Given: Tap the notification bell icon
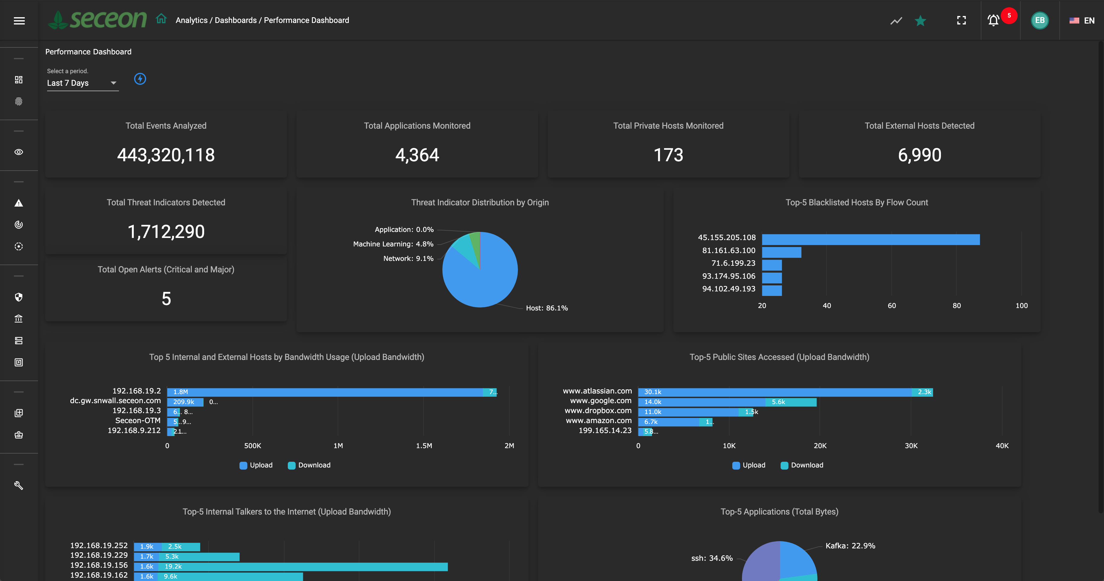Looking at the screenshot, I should (x=993, y=20).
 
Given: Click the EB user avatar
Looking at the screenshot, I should (x=1039, y=20).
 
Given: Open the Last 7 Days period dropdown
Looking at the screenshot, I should (x=82, y=83).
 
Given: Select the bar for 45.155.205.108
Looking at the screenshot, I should (x=871, y=239).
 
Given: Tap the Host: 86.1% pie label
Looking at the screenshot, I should (x=547, y=308).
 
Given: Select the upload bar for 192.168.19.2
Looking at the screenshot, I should (x=326, y=392).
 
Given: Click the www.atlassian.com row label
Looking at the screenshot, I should (x=597, y=391).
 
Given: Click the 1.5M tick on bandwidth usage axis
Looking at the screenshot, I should (x=424, y=446).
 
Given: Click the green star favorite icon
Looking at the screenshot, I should (x=920, y=21).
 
